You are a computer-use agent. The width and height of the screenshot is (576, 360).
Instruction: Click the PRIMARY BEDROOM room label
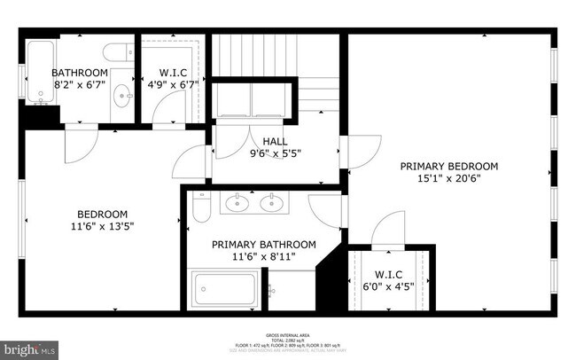click(448, 166)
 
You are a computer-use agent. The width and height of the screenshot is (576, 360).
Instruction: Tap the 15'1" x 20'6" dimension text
click(448, 178)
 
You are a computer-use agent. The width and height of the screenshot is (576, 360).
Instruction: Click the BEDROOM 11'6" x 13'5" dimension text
click(103, 226)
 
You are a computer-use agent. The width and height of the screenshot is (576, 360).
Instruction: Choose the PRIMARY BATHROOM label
click(263, 244)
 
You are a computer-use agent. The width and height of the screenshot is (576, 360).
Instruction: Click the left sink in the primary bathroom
click(237, 204)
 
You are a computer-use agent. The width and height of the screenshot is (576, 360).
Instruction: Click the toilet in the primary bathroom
click(201, 207)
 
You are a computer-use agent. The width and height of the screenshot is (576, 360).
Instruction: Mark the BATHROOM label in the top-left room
click(79, 73)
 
